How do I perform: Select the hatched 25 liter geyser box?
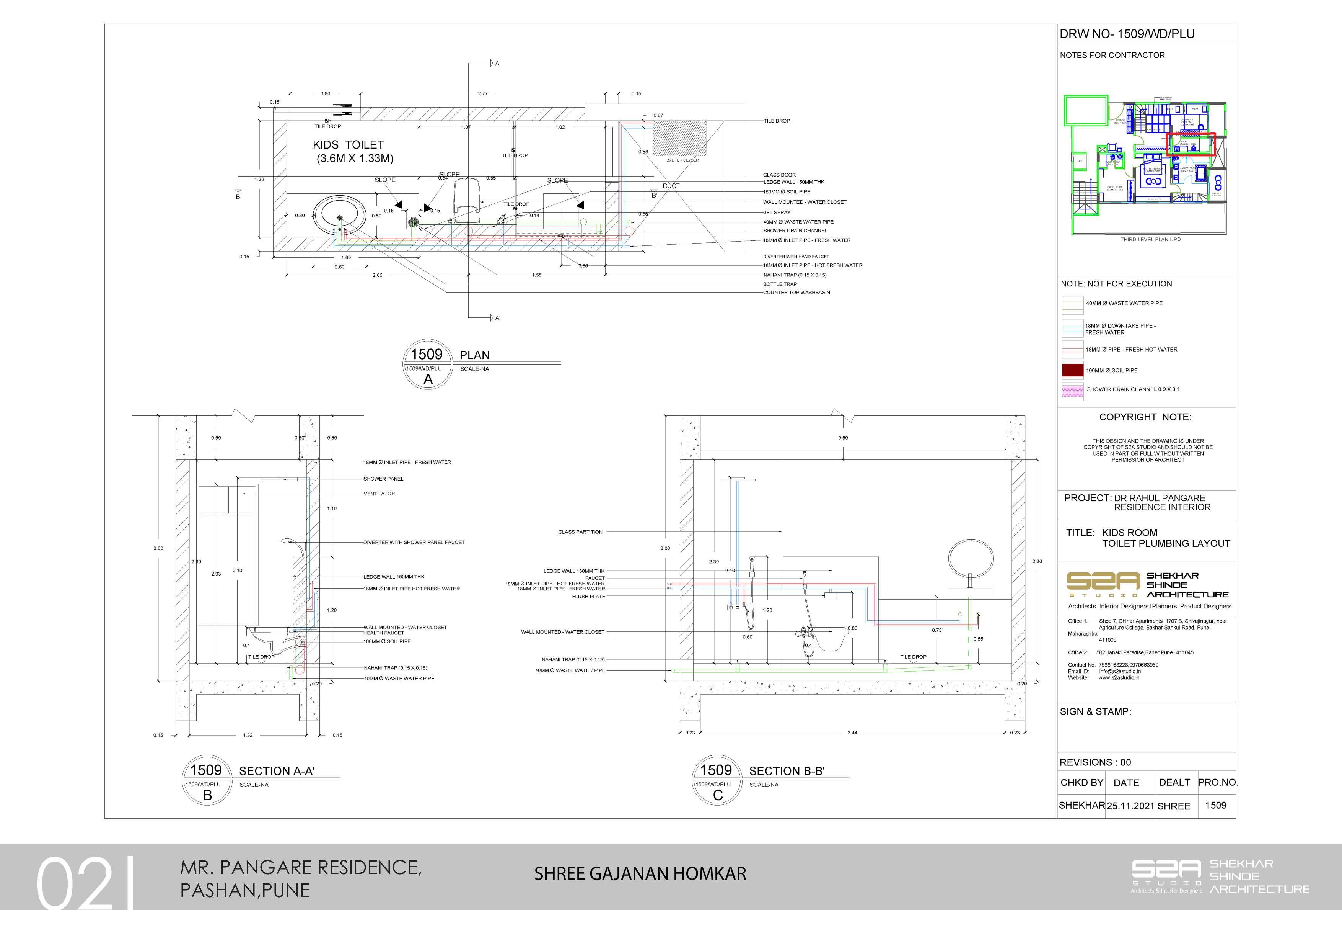click(679, 138)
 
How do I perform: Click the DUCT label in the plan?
click(671, 186)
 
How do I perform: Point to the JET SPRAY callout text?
click(777, 213)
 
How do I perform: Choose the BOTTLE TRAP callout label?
click(780, 284)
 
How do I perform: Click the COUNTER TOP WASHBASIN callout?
click(796, 293)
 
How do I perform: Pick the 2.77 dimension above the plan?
click(483, 93)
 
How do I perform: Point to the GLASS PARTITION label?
click(580, 532)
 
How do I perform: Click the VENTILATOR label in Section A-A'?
click(379, 494)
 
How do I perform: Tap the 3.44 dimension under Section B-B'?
click(852, 733)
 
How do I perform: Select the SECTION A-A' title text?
click(277, 771)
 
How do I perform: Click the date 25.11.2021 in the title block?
click(1130, 806)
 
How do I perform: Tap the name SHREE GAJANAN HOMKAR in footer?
click(640, 874)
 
